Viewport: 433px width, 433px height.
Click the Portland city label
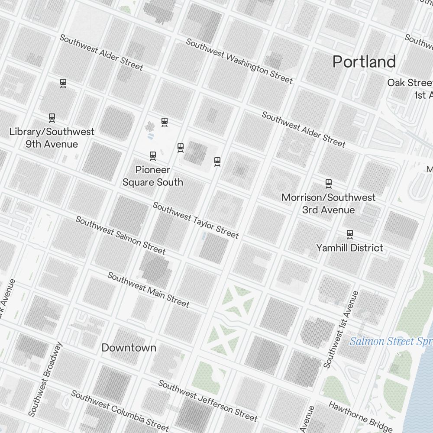(x=364, y=62)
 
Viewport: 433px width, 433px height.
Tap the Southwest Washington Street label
(x=239, y=61)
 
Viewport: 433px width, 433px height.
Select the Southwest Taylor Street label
(x=196, y=220)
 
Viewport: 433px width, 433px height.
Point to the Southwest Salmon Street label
(x=120, y=236)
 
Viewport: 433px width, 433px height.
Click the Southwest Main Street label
(x=149, y=290)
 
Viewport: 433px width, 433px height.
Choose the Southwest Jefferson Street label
(x=208, y=401)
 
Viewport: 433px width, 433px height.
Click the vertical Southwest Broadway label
(x=45, y=379)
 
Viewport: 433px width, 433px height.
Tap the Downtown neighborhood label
(x=129, y=348)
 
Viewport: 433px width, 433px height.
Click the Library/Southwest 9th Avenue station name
(x=52, y=138)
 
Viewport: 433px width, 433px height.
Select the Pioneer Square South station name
(x=152, y=176)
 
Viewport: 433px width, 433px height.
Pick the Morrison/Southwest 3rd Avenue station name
(x=329, y=204)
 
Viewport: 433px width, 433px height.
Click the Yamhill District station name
(x=349, y=248)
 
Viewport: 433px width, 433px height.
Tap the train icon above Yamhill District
(x=350, y=234)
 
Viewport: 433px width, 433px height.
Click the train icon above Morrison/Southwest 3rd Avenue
(x=329, y=184)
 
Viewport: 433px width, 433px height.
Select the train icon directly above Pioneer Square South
(x=152, y=155)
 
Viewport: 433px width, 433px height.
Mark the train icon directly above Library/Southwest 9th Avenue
(x=52, y=117)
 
